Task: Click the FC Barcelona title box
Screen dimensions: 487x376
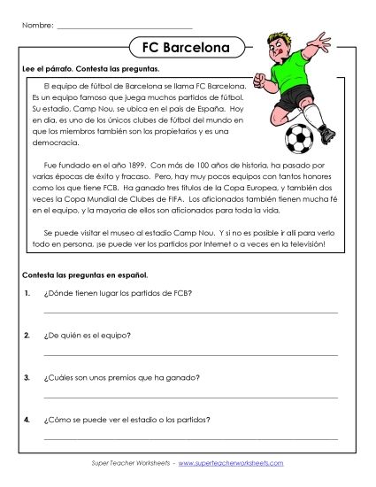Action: [183, 46]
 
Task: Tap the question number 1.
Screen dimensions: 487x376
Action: [29, 293]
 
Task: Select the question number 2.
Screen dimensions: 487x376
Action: [29, 335]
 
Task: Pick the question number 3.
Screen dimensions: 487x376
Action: [29, 377]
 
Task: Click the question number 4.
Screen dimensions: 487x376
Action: [29, 419]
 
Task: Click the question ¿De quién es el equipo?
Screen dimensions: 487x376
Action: [88, 335]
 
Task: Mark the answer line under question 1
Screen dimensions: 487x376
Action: [189, 313]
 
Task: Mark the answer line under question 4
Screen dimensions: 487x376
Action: [189, 438]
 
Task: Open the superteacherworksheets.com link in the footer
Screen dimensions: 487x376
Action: [233, 464]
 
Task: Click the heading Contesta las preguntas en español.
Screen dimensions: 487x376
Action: [86, 275]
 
